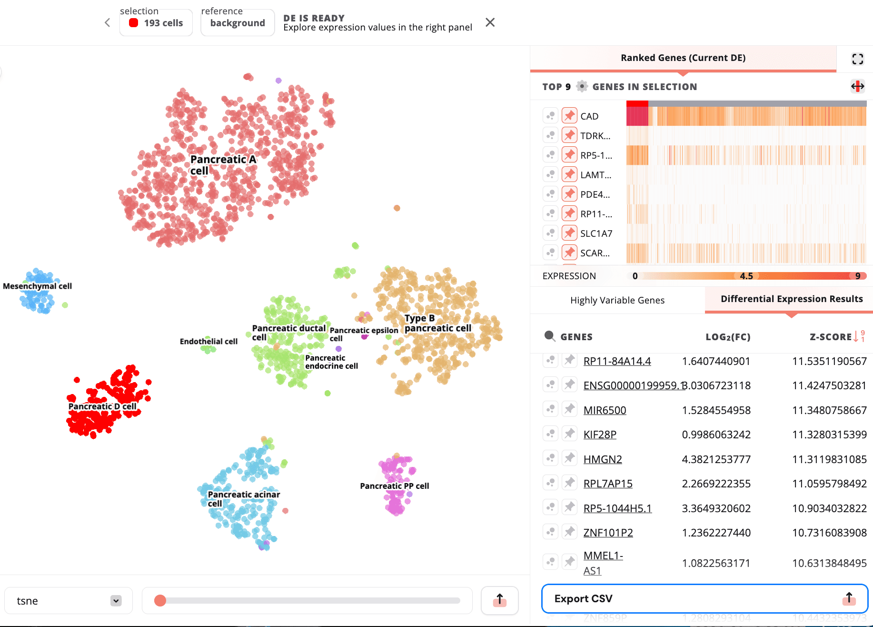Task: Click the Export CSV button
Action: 704,598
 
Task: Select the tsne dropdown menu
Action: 69,601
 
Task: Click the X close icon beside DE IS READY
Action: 490,22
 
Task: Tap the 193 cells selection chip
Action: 156,23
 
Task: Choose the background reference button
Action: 237,23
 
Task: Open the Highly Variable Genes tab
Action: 617,300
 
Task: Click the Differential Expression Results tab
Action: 791,299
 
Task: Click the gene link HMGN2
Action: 603,459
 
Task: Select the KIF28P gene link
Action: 600,435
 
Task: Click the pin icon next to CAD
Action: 569,116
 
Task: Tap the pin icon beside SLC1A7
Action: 569,233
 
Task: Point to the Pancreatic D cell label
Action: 102,406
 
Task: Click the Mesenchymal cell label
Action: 37,286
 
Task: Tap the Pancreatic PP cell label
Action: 394,486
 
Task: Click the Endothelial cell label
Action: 208,341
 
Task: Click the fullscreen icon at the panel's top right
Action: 857,59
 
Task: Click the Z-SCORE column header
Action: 831,337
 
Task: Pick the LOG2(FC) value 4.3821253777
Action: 716,459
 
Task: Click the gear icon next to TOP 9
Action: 582,86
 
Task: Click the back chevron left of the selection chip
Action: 108,22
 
